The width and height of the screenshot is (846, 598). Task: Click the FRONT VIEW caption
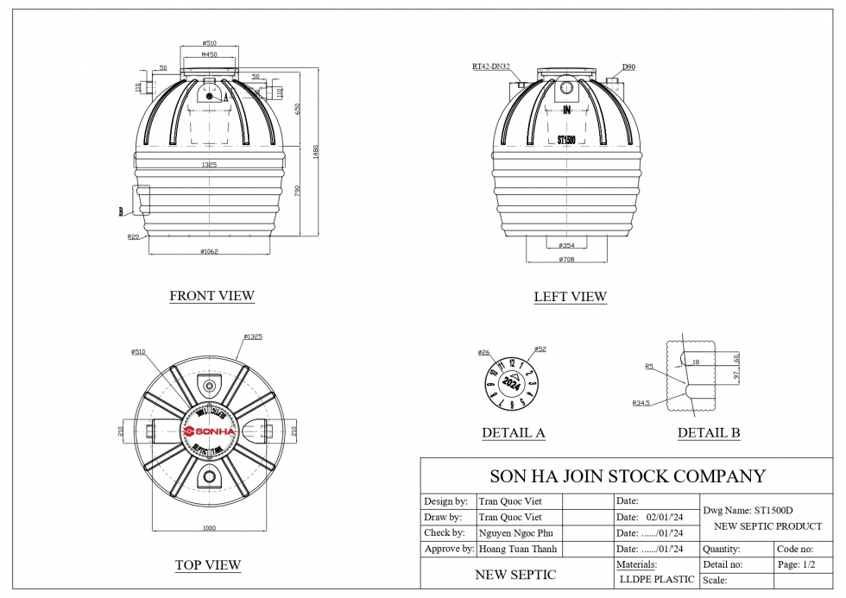211,296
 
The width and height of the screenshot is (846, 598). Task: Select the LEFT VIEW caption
570,297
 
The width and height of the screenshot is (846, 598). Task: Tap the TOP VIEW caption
208,565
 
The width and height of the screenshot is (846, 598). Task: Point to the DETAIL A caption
514,433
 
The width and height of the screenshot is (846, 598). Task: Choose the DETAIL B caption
709,433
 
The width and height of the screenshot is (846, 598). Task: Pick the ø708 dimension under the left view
566,259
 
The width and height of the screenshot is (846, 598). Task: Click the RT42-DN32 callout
490,66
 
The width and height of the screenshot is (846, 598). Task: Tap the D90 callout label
628,66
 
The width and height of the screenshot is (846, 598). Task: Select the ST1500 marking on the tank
566,139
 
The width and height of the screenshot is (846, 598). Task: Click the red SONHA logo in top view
208,431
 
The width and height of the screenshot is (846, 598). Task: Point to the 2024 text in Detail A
511,382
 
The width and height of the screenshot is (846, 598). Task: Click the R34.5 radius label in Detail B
641,403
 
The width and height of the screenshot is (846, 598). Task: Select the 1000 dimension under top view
208,527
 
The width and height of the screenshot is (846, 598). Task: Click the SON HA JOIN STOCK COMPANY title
628,476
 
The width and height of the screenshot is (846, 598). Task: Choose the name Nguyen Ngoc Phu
517,532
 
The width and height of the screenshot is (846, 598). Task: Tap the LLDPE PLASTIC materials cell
656,580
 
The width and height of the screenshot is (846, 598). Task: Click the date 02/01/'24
665,517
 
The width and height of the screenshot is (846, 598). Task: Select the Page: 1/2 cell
797,564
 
